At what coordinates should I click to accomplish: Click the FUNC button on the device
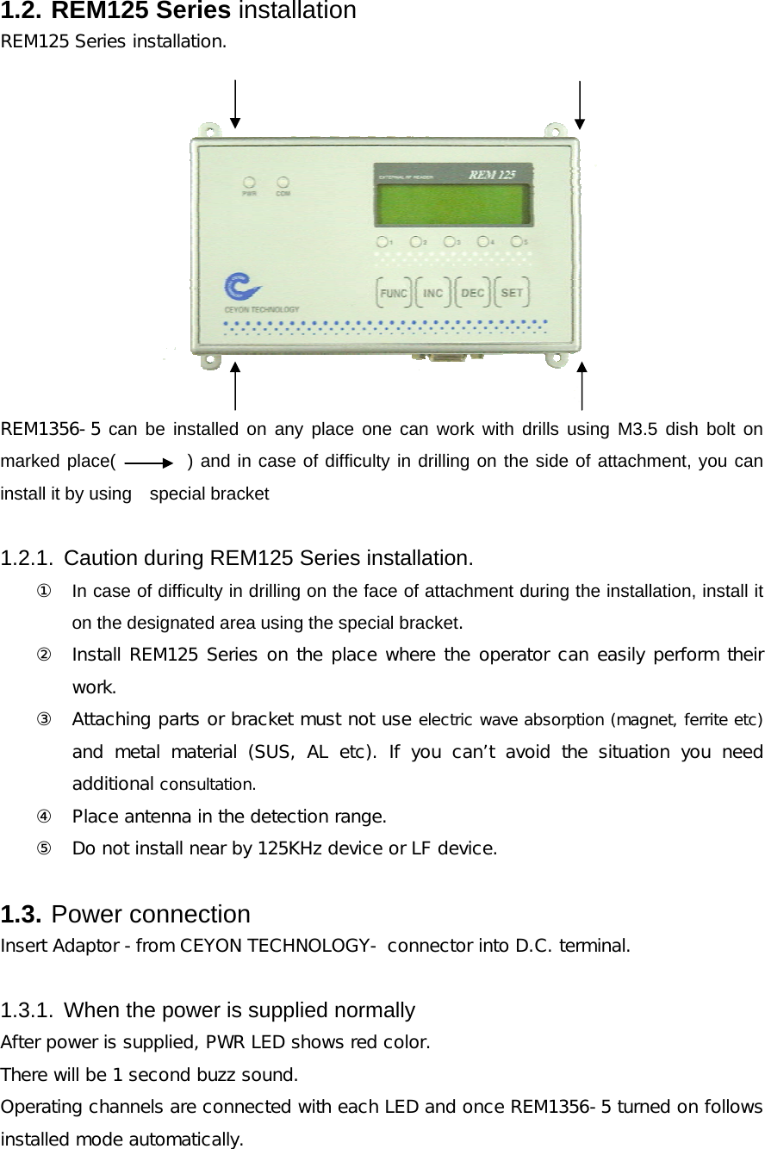(394, 293)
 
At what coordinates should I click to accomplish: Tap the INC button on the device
(432, 293)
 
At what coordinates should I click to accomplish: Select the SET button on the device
(512, 293)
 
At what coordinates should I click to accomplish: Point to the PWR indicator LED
(249, 183)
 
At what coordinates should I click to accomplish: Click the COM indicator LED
(282, 183)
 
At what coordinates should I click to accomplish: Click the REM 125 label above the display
(492, 174)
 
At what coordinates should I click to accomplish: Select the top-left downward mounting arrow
(235, 104)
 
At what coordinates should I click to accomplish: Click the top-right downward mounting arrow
(580, 104)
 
